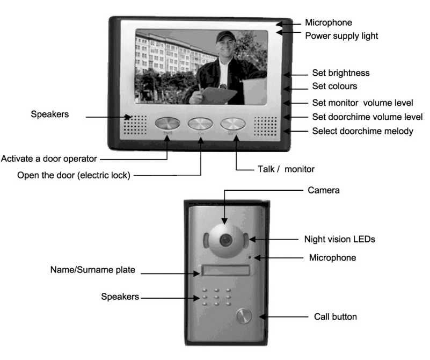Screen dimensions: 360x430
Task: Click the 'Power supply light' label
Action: [x=341, y=36]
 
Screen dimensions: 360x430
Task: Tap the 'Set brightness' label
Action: [x=341, y=73]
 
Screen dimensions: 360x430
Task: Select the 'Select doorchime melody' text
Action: [x=363, y=131]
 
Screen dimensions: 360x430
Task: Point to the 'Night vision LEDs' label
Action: [x=339, y=239]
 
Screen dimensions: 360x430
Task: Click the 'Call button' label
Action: [x=335, y=316]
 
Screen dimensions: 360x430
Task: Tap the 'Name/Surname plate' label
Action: [x=93, y=270]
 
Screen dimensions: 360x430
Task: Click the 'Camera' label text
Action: [x=323, y=190]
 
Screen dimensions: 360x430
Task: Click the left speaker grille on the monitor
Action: [x=136, y=125]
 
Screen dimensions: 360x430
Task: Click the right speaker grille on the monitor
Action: [x=265, y=125]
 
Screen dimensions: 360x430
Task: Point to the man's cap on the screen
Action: [x=225, y=37]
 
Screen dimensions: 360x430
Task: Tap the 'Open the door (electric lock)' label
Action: [x=74, y=175]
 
